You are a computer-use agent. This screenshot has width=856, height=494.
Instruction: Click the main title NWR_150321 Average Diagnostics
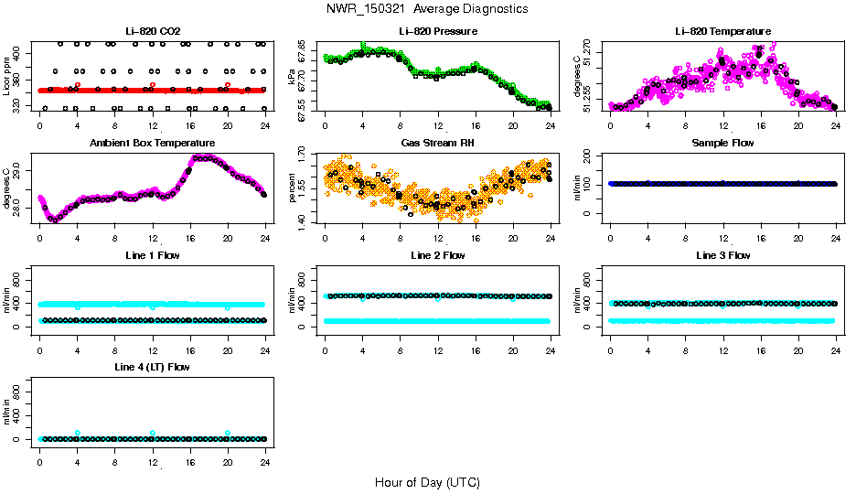tap(426, 9)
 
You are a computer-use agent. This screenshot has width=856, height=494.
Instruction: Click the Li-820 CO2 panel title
tap(151, 32)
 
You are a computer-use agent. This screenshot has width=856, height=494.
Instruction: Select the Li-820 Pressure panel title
tap(437, 32)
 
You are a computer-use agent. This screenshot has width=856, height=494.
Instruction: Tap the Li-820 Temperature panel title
tap(722, 32)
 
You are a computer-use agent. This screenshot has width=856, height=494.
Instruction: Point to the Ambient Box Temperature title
tap(152, 144)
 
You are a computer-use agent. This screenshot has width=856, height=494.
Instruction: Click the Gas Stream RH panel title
tap(437, 144)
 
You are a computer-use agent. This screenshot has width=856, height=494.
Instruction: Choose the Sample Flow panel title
tap(722, 144)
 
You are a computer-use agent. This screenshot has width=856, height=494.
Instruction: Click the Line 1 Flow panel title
tap(152, 255)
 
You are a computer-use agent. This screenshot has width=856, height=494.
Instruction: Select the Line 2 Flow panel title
tap(437, 255)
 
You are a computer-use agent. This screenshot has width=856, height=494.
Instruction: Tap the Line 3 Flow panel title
tap(722, 255)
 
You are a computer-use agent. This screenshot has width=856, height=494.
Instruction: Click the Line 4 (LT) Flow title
tap(152, 367)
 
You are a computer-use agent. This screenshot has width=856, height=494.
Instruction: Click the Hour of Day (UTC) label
tap(426, 482)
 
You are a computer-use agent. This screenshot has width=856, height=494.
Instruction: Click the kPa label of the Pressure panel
tap(293, 76)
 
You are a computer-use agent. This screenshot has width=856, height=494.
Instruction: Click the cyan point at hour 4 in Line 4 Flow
tap(78, 433)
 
